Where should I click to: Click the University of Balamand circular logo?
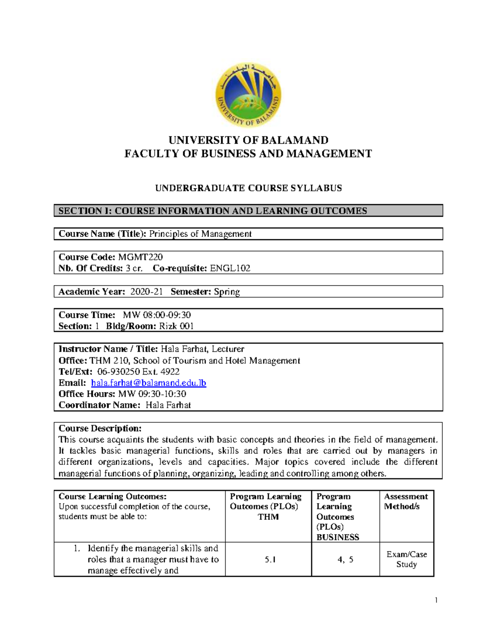248,96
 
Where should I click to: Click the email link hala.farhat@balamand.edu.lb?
148,383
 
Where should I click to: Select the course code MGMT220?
140,257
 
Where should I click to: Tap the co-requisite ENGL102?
230,268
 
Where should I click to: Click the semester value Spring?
227,292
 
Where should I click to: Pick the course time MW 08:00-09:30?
157,315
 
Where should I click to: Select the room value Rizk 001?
176,326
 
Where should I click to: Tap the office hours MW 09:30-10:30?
152,394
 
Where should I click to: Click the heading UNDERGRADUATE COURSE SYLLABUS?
248,188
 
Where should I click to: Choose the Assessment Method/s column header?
405,501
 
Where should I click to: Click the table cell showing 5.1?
270,560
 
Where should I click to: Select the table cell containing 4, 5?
345,560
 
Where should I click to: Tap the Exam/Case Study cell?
406,559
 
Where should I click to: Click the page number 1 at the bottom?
436,600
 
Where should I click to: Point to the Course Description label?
100,429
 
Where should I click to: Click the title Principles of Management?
200,234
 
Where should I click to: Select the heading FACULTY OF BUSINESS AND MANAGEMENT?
248,154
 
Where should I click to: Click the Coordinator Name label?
99,405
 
